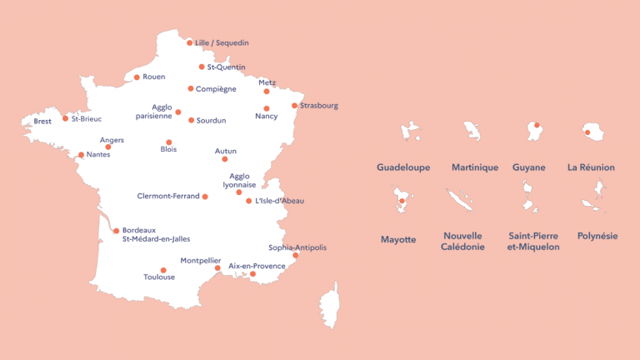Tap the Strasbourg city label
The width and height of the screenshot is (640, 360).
click(x=319, y=106)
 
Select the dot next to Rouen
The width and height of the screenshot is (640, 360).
click(x=137, y=77)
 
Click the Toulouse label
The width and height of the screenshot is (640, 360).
click(x=159, y=277)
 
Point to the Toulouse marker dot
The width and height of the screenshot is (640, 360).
click(x=163, y=270)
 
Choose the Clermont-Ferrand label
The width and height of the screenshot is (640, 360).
click(x=168, y=197)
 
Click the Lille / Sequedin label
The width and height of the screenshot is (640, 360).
click(x=222, y=42)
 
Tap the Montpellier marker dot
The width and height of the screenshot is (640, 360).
click(x=217, y=268)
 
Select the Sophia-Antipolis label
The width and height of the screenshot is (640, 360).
click(x=297, y=247)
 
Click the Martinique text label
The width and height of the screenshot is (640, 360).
click(x=475, y=167)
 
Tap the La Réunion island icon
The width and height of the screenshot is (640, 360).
click(x=592, y=132)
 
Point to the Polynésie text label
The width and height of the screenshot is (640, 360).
click(x=597, y=236)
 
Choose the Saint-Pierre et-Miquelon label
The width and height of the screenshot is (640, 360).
click(x=533, y=241)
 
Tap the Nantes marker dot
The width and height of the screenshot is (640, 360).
click(x=82, y=155)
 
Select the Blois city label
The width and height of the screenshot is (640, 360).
click(x=168, y=150)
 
